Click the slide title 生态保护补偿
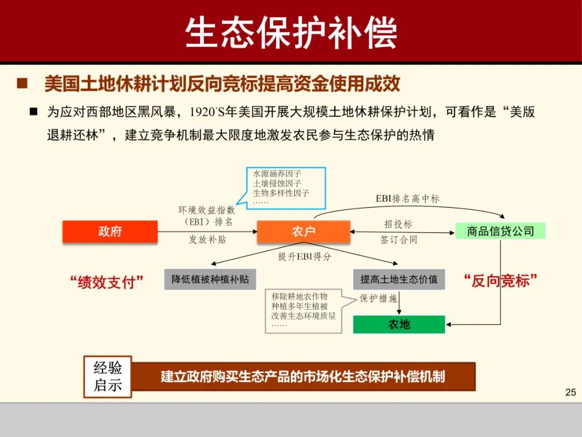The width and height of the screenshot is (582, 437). point(291,32)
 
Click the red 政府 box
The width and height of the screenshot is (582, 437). point(110,231)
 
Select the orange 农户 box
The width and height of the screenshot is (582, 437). point(303,231)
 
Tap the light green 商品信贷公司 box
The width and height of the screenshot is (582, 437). point(500,231)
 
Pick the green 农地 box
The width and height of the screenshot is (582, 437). point(399,324)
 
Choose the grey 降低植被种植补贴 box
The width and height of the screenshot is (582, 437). point(210,279)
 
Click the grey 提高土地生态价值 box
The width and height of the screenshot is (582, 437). point(399,279)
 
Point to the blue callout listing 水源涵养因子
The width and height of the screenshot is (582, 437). point(286,188)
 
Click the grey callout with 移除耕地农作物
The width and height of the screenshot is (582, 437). point(303,311)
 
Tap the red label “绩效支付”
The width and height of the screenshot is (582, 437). point(107,281)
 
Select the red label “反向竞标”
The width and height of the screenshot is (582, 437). point(501,281)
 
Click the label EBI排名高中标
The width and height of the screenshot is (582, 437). point(407,199)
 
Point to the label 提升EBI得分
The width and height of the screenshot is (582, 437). point(304,257)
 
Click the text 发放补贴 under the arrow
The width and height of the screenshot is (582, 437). point(207,240)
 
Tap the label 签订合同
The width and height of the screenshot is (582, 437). point(399,240)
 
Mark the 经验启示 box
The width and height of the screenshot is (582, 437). point(108,377)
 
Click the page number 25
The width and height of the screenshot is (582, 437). point(571,392)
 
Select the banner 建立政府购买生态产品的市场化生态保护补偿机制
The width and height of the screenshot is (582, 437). point(303,376)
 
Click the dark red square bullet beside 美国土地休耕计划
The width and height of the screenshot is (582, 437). point(22,84)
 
